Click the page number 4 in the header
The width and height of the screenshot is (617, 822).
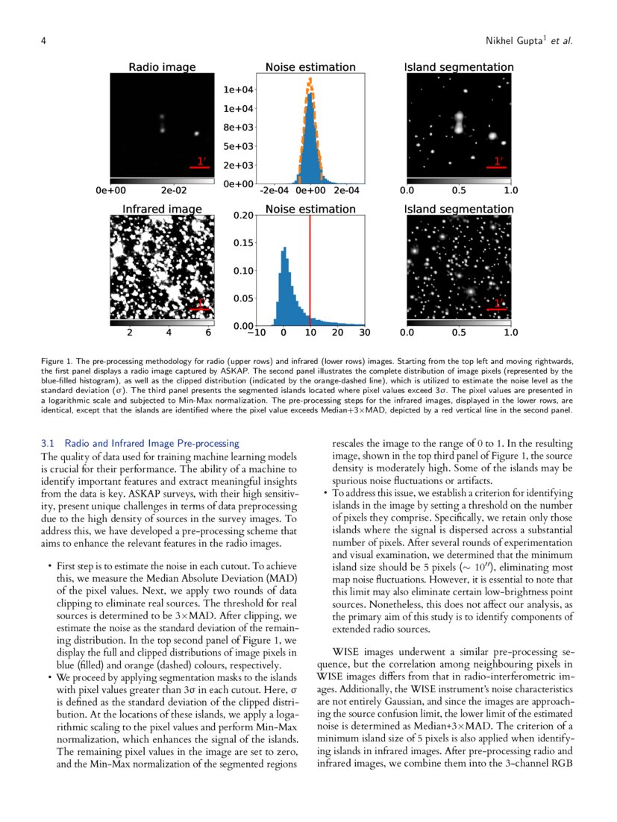[44, 40]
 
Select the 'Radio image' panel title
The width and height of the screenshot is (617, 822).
[162, 67]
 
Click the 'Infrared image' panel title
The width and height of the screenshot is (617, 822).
[162, 209]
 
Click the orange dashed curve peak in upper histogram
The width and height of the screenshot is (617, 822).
[310, 80]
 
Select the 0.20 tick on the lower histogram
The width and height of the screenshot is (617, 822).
[242, 216]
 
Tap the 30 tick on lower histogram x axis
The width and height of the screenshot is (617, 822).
[365, 333]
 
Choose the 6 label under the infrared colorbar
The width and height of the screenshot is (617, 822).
[207, 333]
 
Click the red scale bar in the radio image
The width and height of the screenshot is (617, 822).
[200, 167]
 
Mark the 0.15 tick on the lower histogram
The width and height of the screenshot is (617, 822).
[242, 243]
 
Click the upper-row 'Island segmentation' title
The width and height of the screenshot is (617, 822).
[459, 67]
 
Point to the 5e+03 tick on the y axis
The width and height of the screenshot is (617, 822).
[237, 146]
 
